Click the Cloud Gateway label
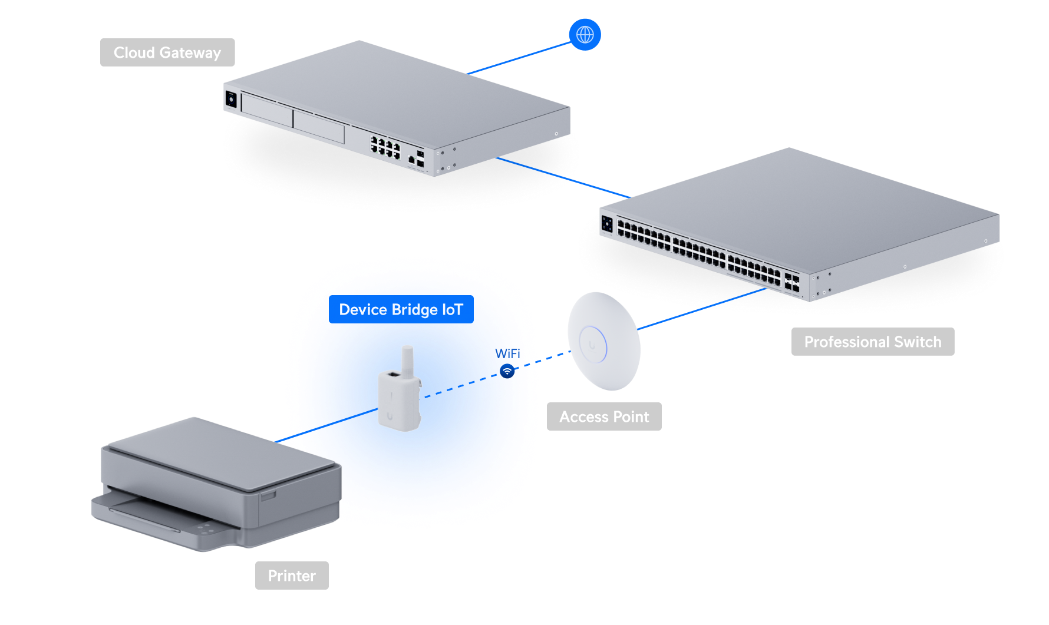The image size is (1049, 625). click(x=167, y=52)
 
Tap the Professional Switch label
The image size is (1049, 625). click(x=872, y=342)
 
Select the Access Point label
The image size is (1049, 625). click(x=604, y=416)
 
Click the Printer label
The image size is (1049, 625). click(x=292, y=576)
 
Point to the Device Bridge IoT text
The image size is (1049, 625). click(x=401, y=310)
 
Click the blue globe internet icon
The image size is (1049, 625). click(x=585, y=35)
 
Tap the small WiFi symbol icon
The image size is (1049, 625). click(x=507, y=372)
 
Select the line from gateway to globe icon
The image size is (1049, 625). click(x=519, y=58)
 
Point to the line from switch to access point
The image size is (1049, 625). click(x=701, y=309)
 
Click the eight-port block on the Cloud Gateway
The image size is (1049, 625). click(x=385, y=147)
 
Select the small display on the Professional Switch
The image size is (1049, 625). click(x=607, y=224)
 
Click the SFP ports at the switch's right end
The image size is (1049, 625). click(x=791, y=282)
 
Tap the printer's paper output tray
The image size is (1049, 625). click(x=147, y=510)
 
